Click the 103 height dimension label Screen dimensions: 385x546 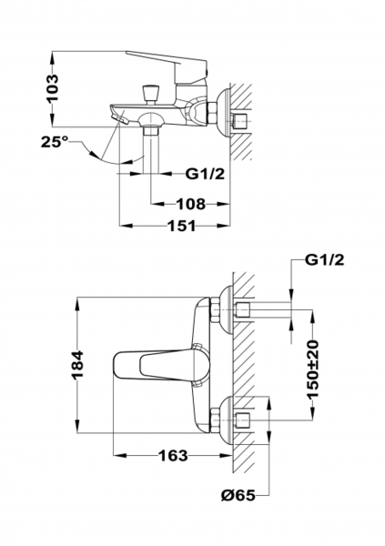coord(53,88)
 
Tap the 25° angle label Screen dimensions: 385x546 coord(55,142)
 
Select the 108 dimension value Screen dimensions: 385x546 coord(190,204)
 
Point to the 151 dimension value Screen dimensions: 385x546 coord(182,226)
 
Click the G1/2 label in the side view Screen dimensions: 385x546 coord(205,174)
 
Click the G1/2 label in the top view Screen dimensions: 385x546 coord(324,259)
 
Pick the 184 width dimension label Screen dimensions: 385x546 coord(77,365)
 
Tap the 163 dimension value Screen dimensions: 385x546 coord(173,455)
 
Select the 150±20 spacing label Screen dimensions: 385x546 coord(312,369)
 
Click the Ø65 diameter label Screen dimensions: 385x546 coord(238,495)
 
